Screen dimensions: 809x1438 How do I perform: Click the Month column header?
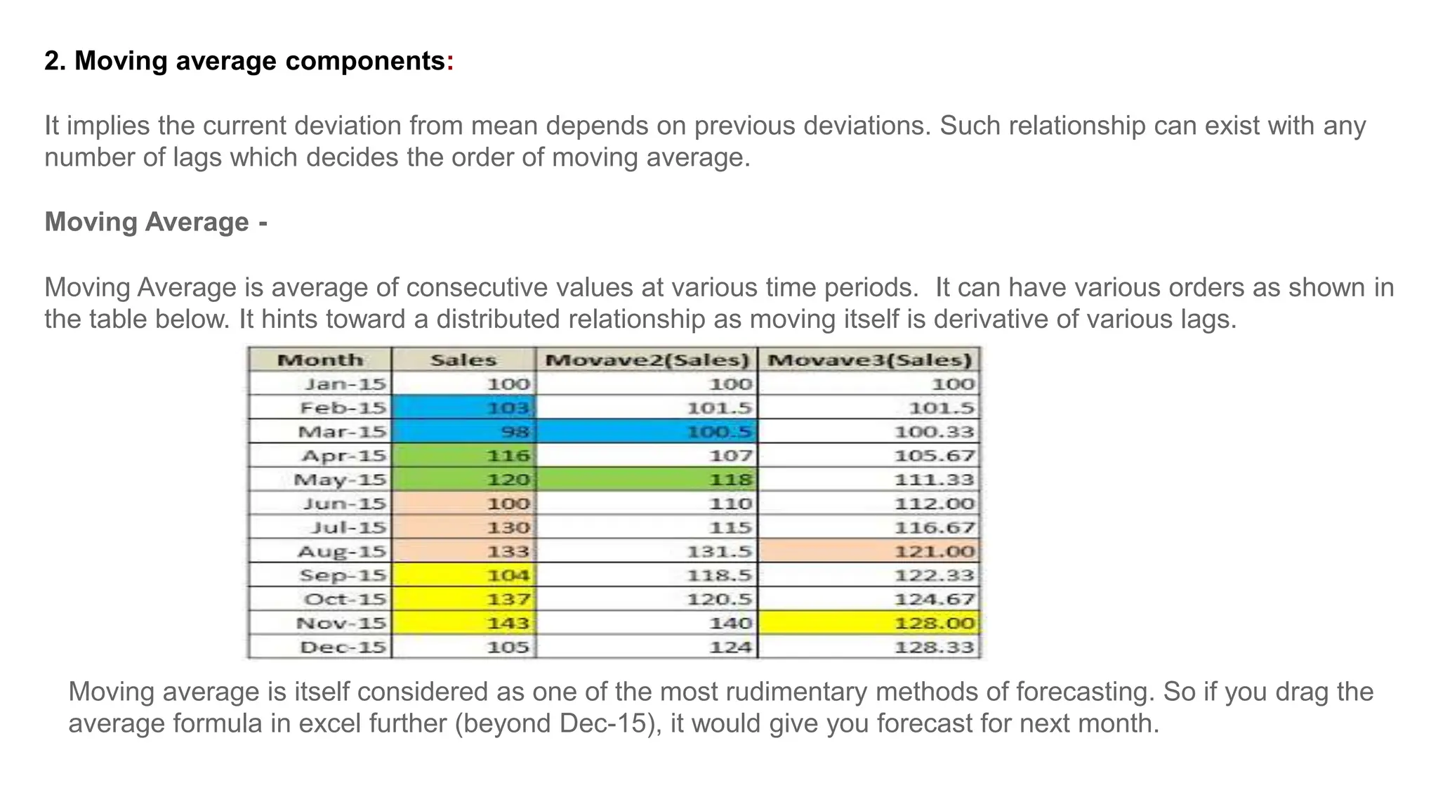[x=320, y=360]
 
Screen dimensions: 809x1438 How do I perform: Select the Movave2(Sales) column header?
[x=647, y=360]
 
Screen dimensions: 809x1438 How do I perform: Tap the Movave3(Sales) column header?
[x=869, y=360]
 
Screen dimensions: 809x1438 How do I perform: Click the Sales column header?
[x=463, y=360]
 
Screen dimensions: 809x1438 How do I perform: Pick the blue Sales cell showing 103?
[x=463, y=408]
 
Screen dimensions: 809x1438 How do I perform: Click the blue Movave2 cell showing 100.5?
[x=647, y=432]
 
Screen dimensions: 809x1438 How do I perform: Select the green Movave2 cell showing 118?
[x=647, y=480]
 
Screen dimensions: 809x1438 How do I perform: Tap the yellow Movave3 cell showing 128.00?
[x=869, y=623]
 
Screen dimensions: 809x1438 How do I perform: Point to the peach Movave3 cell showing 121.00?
[x=869, y=551]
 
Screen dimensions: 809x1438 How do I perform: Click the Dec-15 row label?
[x=343, y=647]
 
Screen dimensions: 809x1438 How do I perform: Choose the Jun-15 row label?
[x=344, y=504]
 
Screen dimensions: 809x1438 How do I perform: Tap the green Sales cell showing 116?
[x=463, y=456]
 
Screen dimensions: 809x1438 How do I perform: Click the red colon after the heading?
[x=450, y=62]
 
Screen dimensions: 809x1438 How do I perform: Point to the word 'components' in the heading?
[x=364, y=62]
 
